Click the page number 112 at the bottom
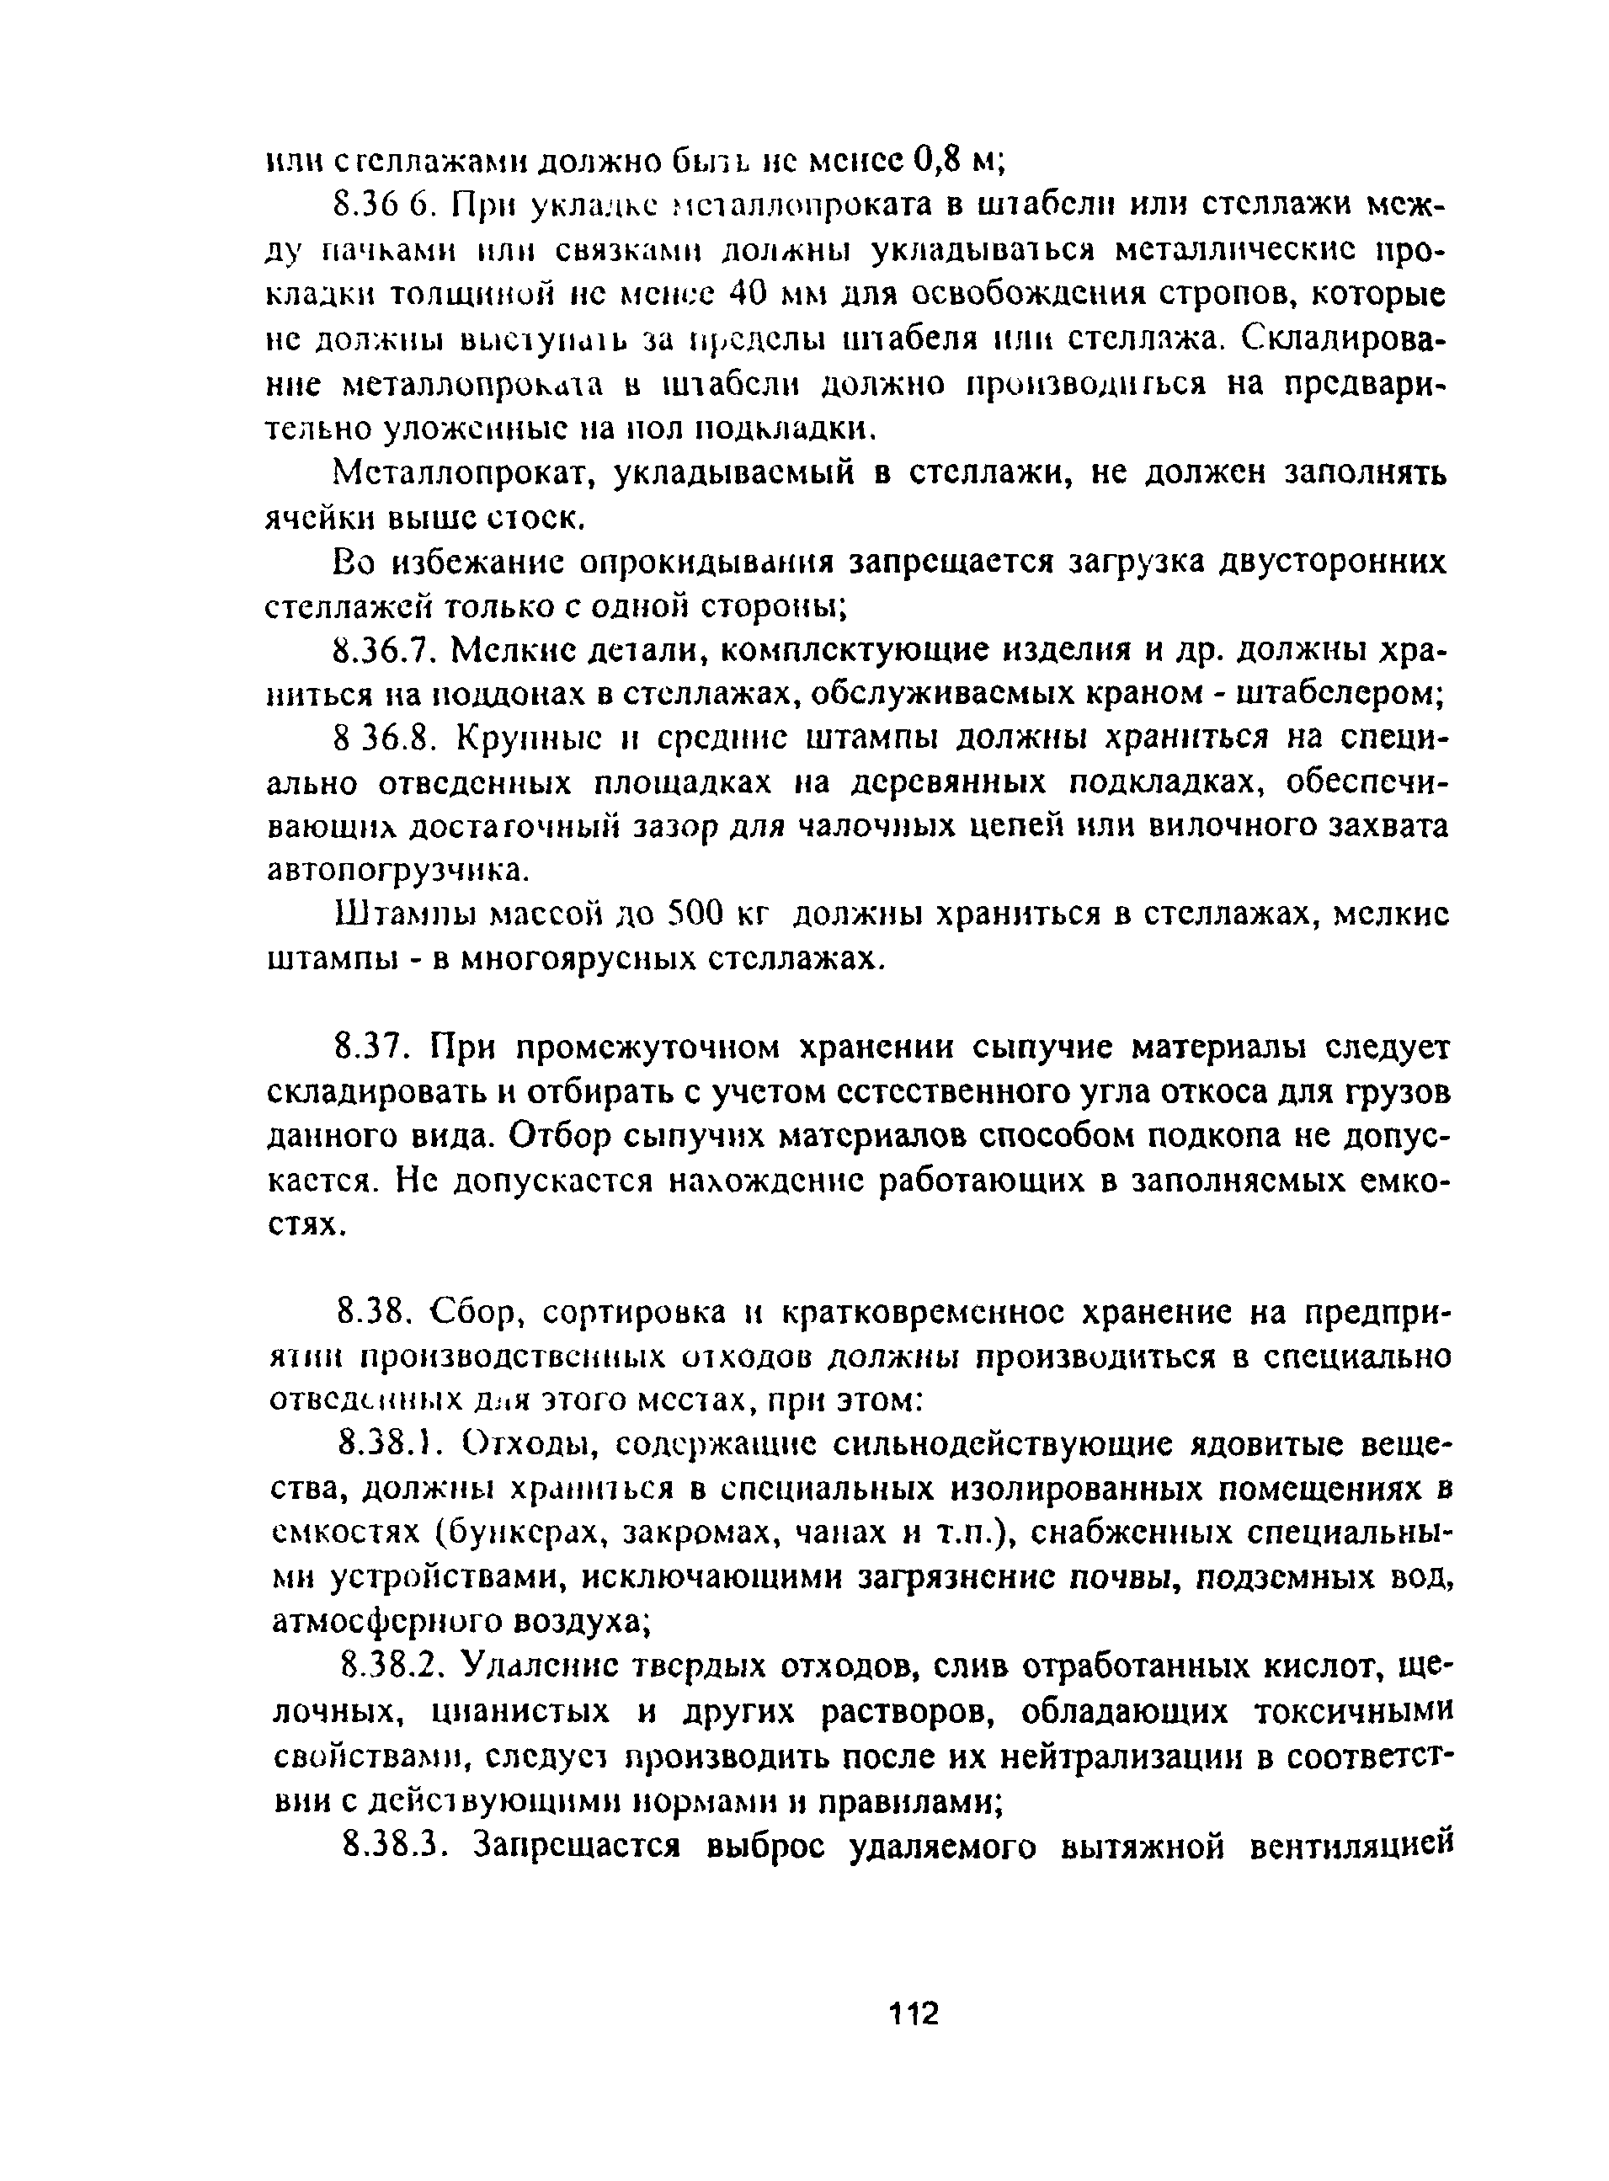point(914,2013)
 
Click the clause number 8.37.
point(371,1048)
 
